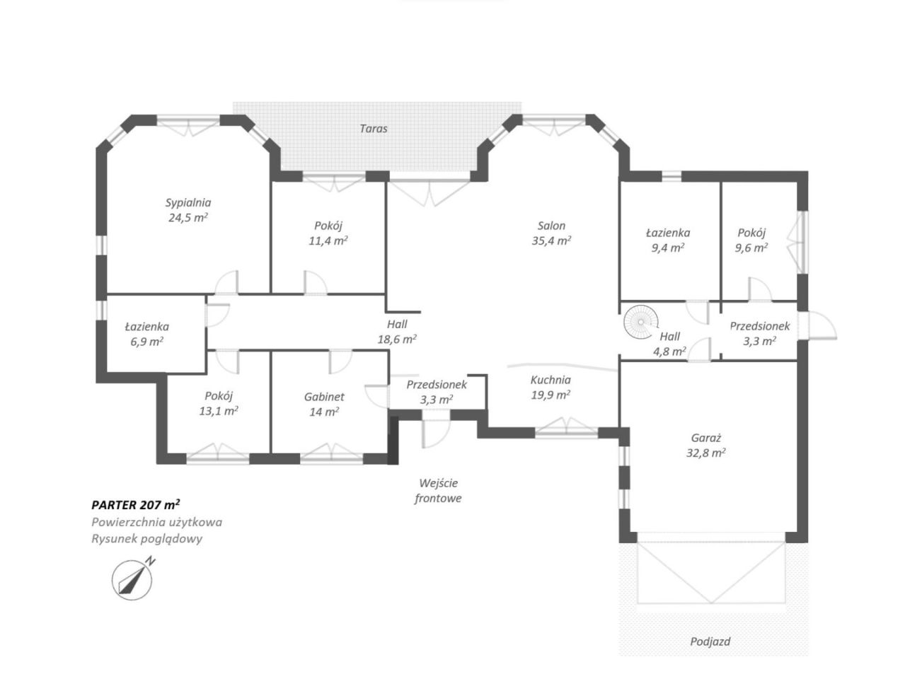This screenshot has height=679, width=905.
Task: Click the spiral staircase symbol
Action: point(640,322)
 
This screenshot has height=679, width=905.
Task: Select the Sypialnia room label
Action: point(188,203)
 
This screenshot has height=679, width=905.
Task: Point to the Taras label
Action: point(373,129)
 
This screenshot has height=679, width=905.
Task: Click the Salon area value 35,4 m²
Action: point(551,240)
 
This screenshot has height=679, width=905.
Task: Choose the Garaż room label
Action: point(706,438)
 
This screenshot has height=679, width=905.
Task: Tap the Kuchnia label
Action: point(551,380)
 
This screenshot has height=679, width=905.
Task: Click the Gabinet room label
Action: point(324,397)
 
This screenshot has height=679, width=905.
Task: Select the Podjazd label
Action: point(710,642)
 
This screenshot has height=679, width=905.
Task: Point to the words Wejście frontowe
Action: point(438,491)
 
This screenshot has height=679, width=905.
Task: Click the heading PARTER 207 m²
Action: point(136,505)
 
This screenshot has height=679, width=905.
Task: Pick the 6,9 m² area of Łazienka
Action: point(146,342)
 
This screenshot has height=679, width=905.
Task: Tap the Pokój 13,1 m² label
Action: point(219,403)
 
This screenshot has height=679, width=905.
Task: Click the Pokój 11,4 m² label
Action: point(328,233)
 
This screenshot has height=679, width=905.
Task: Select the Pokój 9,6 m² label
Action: point(751,240)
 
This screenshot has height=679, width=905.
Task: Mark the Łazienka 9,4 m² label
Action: point(668,240)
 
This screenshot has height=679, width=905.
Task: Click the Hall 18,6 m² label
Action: point(397,332)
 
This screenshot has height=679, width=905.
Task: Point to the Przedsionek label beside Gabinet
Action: point(436,385)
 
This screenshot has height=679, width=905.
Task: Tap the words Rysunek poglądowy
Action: point(146,539)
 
